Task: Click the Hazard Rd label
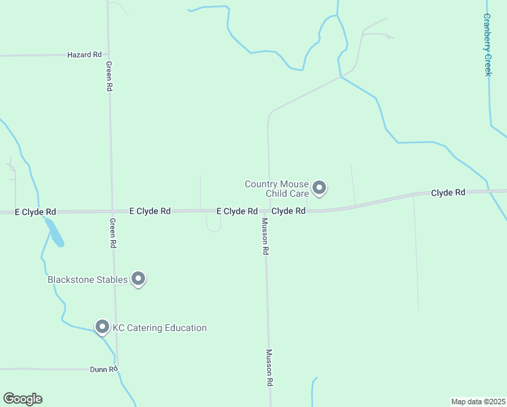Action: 84,54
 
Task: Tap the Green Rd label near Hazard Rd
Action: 108,76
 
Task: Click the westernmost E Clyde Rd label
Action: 35,212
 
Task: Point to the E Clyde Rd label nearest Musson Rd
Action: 237,212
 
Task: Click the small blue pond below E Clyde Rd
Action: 56,235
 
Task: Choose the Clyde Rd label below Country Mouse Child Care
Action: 288,211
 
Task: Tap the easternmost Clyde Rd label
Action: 448,193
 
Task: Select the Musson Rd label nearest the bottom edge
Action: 269,368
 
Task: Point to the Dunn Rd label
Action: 104,370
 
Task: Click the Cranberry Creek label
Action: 487,45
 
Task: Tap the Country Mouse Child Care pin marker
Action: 319,188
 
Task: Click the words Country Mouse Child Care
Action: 277,188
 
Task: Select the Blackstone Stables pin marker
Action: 138,278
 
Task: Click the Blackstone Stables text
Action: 87,279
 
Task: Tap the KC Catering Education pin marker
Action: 102,327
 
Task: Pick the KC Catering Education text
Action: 159,328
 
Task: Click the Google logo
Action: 22,399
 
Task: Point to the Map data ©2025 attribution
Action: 478,402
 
